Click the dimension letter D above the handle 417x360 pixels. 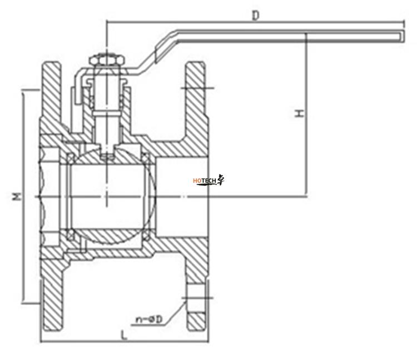(255, 16)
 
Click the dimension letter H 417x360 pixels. (300, 113)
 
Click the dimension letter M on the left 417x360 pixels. (17, 196)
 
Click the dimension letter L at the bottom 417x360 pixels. (123, 335)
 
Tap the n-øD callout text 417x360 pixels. (149, 319)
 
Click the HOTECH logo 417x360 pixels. (209, 180)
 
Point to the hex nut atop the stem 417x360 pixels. (107, 60)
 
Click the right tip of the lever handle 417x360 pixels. (404, 36)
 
